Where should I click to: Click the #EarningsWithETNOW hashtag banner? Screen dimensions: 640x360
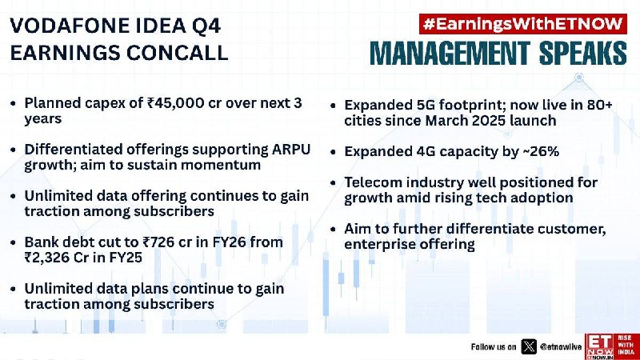(523, 24)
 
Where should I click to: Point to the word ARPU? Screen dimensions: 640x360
(291, 150)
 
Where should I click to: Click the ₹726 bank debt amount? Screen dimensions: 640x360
(159, 242)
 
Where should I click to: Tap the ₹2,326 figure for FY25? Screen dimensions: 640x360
(46, 258)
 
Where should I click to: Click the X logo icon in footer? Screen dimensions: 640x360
(529, 347)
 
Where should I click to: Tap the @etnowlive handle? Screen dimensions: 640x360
(561, 347)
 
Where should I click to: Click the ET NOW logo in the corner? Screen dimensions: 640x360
(612, 346)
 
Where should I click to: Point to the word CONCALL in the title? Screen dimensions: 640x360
(177, 53)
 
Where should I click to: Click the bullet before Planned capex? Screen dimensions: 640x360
(14, 103)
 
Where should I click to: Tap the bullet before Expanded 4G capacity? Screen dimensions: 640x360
(334, 152)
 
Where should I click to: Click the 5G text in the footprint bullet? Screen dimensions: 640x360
(425, 105)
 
